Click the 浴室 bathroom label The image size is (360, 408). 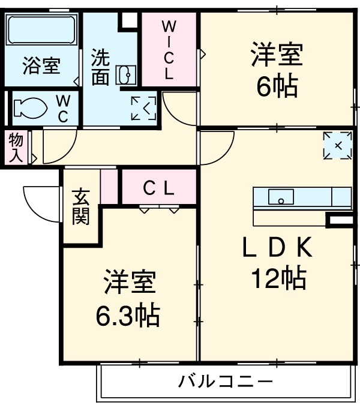(41, 65)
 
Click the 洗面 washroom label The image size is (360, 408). (100, 67)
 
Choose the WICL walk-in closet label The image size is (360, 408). (169, 50)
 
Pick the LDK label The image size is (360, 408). (277, 246)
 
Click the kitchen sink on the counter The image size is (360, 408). (280, 197)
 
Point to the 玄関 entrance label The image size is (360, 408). (81, 207)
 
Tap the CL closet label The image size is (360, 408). (159, 188)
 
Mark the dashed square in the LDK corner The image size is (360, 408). (337, 145)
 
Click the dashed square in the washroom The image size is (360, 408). (144, 107)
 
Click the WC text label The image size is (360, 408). (63, 107)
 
